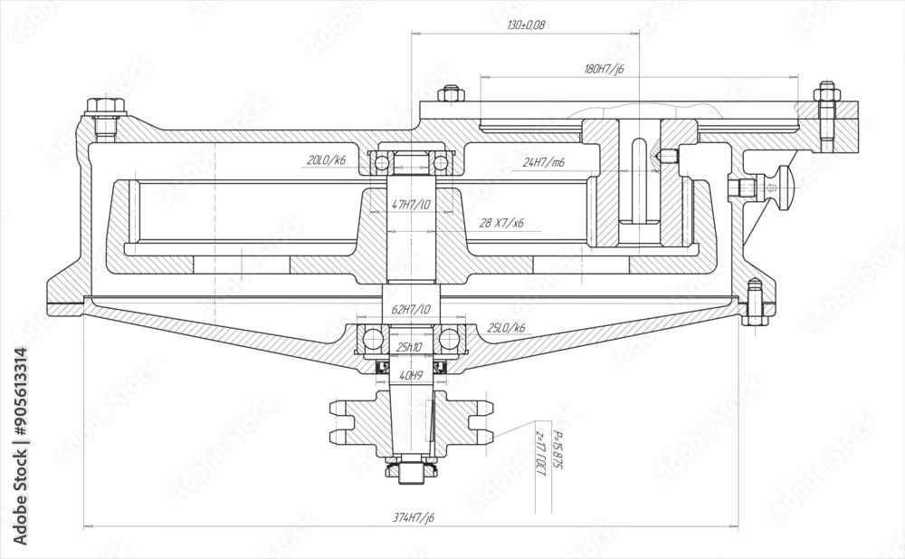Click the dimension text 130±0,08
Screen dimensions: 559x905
tap(526, 25)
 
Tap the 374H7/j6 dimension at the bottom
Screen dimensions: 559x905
tap(414, 517)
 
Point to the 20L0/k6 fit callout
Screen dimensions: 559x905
tap(328, 160)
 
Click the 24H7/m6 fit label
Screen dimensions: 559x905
tap(544, 163)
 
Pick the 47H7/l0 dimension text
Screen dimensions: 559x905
tap(412, 205)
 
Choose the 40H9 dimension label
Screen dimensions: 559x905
tap(412, 374)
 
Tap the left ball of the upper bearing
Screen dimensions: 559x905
tap(383, 162)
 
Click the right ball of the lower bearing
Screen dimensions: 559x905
tap(448, 340)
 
